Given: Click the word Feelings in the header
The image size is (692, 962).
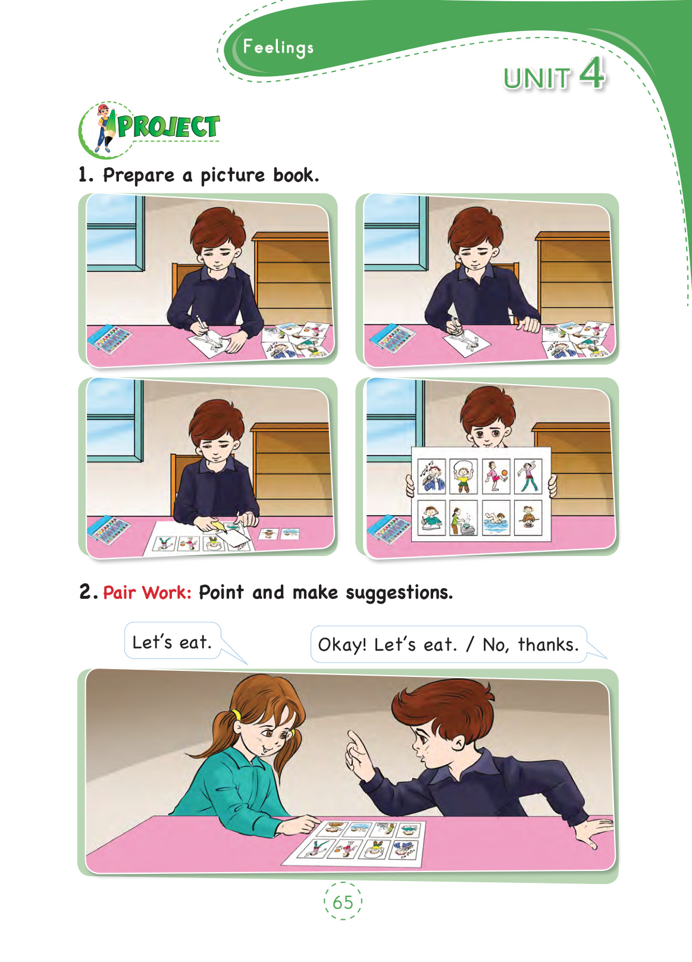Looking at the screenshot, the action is pos(278,47).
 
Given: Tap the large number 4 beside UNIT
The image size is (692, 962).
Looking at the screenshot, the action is pos(593,74).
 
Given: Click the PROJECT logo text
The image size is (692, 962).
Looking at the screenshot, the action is pos(168,127).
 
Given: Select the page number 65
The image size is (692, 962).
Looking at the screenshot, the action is pos(343,902).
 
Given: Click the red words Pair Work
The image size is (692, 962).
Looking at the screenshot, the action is pos(147,593).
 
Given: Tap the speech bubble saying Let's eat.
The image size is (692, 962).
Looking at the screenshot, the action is pos(173,641).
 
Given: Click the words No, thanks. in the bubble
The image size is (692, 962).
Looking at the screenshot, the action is pos(531,645).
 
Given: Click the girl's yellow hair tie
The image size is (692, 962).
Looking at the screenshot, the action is pos(236,715).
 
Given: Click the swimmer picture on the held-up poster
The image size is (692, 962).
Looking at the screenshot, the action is pos(496,517).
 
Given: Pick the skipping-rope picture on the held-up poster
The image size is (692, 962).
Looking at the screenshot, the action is pos(464,476).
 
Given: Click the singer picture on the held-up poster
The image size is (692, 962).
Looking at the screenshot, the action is pos(431,476).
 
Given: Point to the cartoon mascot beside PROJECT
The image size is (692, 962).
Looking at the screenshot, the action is pos(104,128).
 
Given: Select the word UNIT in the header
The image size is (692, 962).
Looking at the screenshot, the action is pos(537,79).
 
